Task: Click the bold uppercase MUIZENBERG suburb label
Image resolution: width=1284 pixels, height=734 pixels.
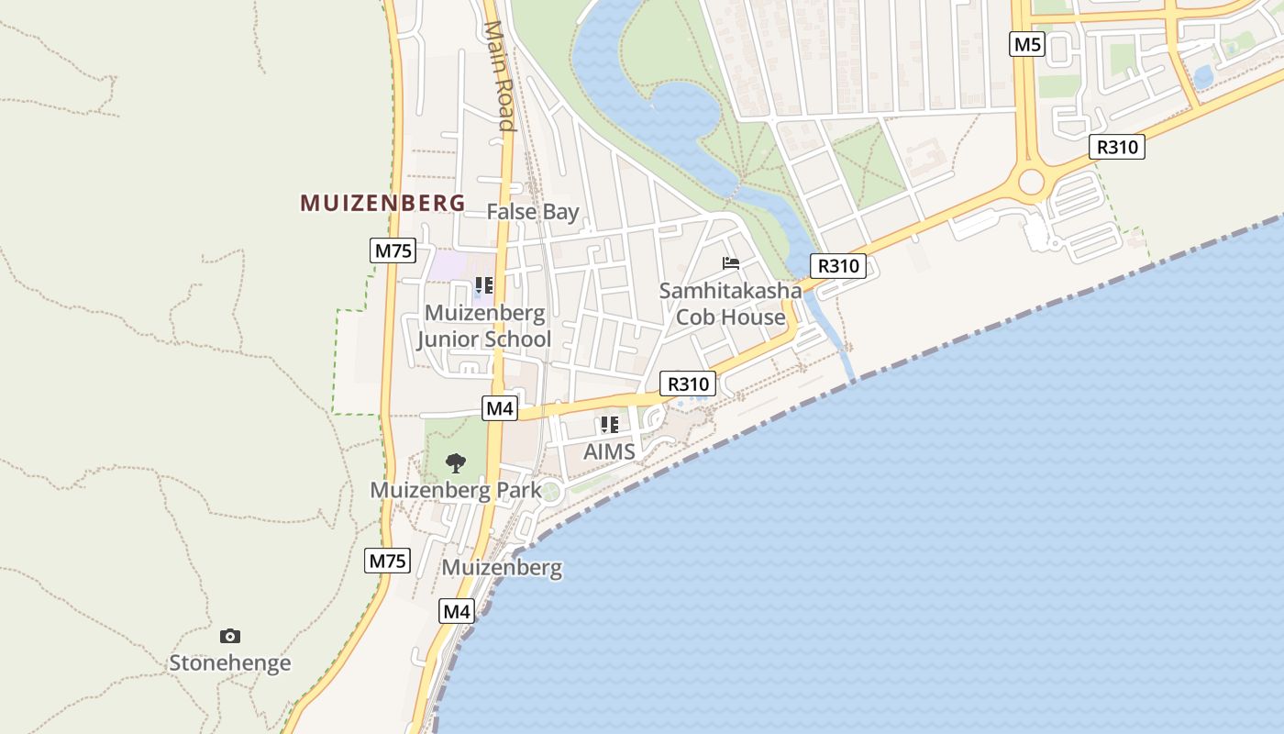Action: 382,203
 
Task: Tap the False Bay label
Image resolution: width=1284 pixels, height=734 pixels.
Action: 533,212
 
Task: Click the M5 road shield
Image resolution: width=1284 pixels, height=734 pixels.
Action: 1027,44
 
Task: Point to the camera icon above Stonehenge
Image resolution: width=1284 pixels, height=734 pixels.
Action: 230,636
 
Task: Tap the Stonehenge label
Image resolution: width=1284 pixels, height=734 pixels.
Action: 230,662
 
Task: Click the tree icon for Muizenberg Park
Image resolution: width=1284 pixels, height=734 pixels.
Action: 455,462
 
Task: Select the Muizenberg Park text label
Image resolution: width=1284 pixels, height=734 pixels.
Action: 456,490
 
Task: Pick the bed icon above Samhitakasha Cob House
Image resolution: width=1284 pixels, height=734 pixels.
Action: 731,263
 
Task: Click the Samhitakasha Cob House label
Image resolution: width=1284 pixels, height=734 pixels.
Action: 731,304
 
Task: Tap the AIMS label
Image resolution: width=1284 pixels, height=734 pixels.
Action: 610,451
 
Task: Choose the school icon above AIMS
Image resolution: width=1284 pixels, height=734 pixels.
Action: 610,425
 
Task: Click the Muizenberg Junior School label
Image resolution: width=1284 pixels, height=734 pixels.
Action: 484,326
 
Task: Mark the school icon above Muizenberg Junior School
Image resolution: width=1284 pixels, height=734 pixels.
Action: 484,285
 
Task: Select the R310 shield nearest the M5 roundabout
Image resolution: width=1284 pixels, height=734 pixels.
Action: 1117,147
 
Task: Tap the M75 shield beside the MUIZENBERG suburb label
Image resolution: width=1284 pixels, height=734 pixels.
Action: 393,250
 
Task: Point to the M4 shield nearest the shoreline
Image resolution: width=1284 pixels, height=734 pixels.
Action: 457,611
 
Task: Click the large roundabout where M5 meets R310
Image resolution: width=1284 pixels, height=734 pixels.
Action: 1031,182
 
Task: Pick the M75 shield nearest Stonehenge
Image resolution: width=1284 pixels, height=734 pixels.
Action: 387,561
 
